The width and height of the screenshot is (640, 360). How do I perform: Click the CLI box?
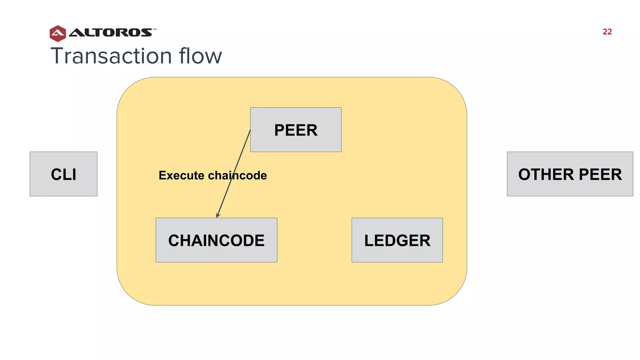63,174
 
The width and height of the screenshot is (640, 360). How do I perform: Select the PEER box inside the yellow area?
296,130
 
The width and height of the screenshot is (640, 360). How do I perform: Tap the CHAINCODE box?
216,240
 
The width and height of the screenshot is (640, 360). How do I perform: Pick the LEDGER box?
397,240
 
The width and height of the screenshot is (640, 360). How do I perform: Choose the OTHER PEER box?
570,174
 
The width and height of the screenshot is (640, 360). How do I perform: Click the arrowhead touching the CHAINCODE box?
218,215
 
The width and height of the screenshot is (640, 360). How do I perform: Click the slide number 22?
607,32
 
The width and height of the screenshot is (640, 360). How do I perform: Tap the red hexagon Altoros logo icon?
58,33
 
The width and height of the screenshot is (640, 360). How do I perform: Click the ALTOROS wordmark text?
110,32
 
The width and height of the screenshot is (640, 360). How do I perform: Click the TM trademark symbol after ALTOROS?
154,29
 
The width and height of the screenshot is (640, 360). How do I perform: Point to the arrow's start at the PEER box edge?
250,130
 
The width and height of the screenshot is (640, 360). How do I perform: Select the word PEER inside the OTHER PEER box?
600,174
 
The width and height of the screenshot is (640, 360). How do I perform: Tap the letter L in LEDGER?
369,241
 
